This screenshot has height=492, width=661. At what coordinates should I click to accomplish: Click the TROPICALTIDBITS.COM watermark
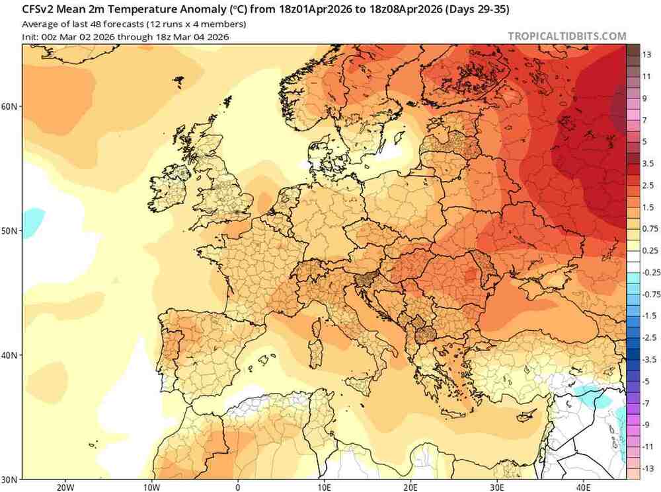pos(566,36)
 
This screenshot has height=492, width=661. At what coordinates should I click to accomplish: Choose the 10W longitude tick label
pos(151,487)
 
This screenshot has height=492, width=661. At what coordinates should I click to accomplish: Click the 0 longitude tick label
pos(238,487)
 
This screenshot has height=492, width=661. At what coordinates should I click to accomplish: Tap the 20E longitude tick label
pos(411,487)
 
